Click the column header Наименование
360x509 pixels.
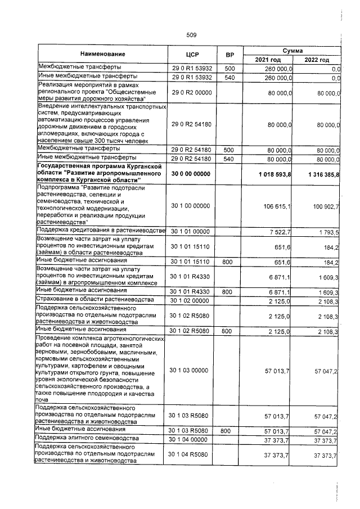coord(102,54)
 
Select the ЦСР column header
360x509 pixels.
coord(191,55)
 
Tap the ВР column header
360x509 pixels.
coord(229,55)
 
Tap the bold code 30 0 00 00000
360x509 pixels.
coord(191,175)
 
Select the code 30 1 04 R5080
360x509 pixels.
coord(191,454)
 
